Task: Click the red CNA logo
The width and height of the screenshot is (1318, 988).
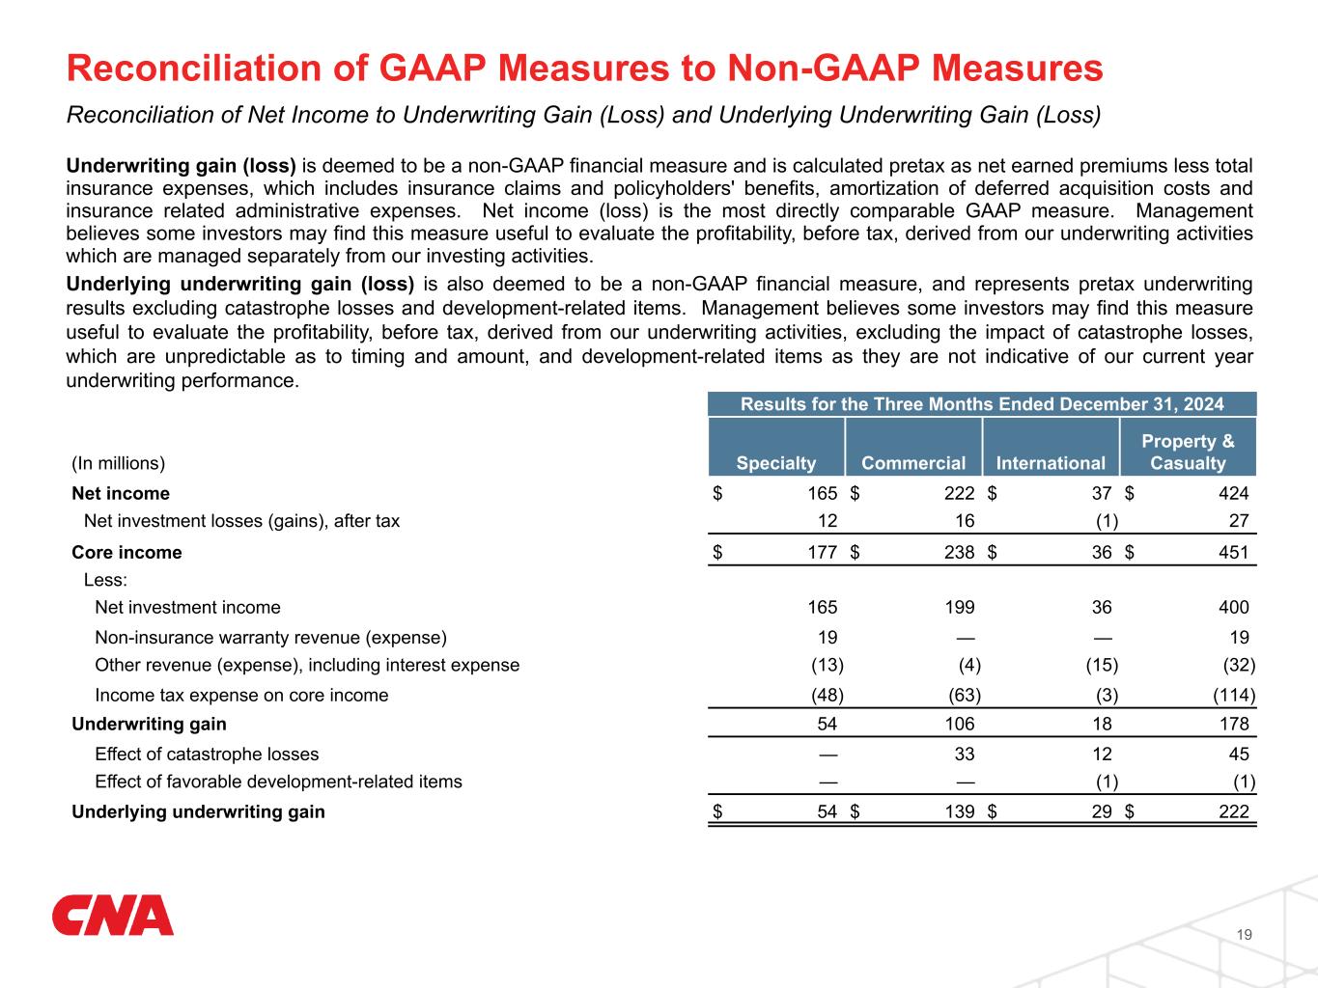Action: [112, 916]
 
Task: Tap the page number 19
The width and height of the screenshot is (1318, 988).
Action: [1245, 934]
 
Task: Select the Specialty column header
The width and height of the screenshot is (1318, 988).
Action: [775, 463]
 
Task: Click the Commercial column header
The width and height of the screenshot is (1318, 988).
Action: [913, 463]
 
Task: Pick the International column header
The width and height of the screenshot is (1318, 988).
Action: [1051, 463]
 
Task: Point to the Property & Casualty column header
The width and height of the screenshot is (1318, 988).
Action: [1188, 452]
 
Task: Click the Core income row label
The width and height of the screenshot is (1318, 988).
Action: [126, 553]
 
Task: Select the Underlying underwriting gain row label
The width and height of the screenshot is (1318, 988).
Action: [198, 811]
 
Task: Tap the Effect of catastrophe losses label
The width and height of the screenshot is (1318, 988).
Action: [207, 755]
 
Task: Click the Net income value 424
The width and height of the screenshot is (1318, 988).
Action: [1233, 494]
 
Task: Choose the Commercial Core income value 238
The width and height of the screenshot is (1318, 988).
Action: [959, 553]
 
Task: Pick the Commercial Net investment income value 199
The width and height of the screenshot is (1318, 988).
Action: [959, 608]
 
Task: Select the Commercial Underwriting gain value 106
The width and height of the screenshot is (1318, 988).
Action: [959, 725]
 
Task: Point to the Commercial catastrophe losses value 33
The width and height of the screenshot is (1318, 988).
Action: [965, 755]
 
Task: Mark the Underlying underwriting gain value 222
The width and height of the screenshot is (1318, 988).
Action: [1233, 811]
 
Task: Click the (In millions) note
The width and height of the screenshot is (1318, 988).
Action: [119, 463]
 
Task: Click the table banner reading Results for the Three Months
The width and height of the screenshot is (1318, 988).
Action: [981, 404]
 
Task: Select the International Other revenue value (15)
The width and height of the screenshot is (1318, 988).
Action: [1101, 666]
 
